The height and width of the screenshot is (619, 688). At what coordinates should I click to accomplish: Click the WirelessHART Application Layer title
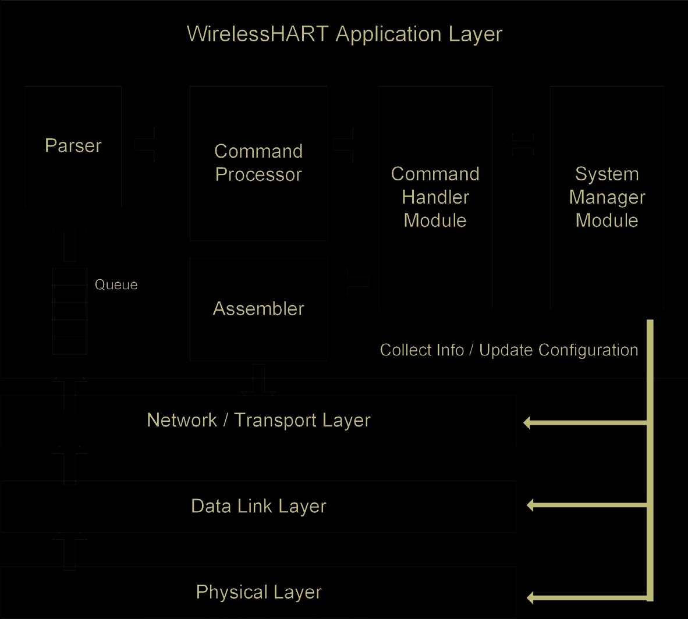pyautogui.click(x=344, y=34)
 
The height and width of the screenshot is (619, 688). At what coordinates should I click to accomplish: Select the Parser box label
pyautogui.click(x=73, y=145)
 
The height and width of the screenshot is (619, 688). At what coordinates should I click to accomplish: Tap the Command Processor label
pyautogui.click(x=258, y=163)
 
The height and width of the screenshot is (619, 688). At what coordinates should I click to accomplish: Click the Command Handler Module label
pyautogui.click(x=435, y=197)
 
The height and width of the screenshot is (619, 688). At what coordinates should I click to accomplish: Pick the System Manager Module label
pyautogui.click(x=607, y=197)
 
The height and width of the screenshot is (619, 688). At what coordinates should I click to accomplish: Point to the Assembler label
pyautogui.click(x=258, y=308)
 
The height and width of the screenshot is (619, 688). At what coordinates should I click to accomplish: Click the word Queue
pyautogui.click(x=116, y=284)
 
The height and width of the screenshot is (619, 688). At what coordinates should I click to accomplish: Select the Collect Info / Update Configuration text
pyautogui.click(x=509, y=350)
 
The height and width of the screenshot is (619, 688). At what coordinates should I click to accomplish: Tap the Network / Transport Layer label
pyautogui.click(x=258, y=420)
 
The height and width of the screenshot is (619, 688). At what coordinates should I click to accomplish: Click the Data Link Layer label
pyautogui.click(x=258, y=506)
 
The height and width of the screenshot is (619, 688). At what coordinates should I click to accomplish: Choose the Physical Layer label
pyautogui.click(x=258, y=592)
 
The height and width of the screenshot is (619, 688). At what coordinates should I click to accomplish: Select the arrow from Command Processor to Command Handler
pyautogui.click(x=350, y=144)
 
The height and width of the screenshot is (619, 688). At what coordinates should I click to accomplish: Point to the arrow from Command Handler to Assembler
pyautogui.click(x=352, y=282)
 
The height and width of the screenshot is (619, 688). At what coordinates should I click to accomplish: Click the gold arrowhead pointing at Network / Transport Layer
pyautogui.click(x=527, y=423)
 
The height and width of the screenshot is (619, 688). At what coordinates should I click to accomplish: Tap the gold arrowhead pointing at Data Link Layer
pyautogui.click(x=530, y=505)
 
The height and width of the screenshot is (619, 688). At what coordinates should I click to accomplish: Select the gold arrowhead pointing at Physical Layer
pyautogui.click(x=530, y=597)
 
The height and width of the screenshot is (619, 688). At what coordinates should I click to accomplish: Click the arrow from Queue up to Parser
pyautogui.click(x=69, y=239)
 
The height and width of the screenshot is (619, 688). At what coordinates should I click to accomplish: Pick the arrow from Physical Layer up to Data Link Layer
pyautogui.click(x=69, y=547)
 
